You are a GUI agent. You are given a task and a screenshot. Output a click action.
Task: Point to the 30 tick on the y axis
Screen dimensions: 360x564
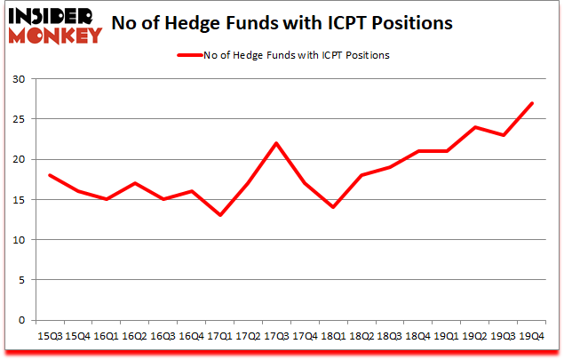coord(18,79)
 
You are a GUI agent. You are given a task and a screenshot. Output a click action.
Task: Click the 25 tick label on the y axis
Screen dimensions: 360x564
coord(18,119)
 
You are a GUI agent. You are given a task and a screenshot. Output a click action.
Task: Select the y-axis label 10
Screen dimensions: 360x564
coord(18,240)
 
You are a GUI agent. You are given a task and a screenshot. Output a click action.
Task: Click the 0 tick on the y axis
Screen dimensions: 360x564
coord(21,320)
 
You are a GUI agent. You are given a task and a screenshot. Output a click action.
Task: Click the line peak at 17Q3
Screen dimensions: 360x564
coord(277,143)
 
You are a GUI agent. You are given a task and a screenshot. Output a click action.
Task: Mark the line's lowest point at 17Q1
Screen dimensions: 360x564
coord(221,215)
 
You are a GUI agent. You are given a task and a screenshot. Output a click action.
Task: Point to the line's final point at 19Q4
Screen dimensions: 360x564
coord(531,103)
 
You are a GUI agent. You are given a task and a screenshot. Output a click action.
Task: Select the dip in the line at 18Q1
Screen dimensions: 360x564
coord(332,207)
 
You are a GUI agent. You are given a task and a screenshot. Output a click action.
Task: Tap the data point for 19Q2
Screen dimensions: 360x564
coord(476,127)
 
